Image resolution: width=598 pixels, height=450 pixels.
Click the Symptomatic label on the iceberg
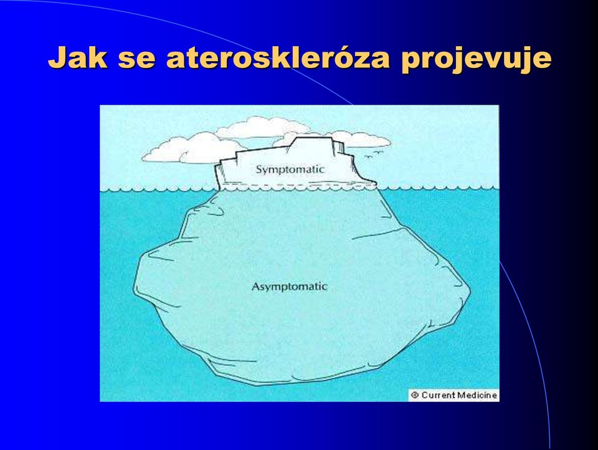click(x=290, y=170)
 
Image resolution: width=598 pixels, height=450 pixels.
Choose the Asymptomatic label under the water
click(x=290, y=287)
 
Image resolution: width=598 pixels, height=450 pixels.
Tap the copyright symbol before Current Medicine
click(x=415, y=395)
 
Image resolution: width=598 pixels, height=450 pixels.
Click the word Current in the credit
click(x=438, y=395)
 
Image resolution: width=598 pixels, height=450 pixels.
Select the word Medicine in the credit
click(x=477, y=395)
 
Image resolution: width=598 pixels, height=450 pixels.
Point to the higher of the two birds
click(x=378, y=153)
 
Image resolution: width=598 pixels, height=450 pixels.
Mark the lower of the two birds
click(x=369, y=156)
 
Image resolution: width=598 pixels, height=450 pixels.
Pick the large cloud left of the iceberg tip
click(x=191, y=148)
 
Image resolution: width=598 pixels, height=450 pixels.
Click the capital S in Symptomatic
click(x=259, y=169)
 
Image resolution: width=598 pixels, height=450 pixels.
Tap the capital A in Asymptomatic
click(x=256, y=286)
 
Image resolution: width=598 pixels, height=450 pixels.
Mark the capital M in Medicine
click(x=462, y=395)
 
